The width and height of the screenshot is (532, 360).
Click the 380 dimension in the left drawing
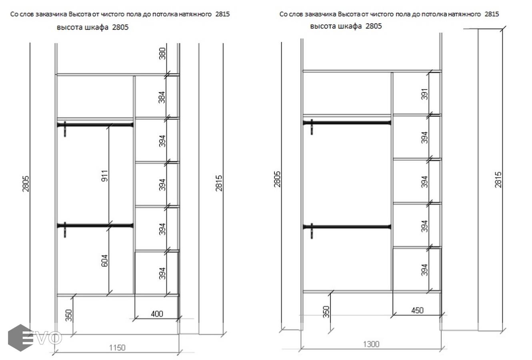click(162, 54)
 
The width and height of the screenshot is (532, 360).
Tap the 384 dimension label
click(162, 97)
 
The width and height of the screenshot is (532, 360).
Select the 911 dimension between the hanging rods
click(105, 176)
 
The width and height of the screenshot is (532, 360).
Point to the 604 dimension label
click(105, 260)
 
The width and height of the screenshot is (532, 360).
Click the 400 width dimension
click(157, 314)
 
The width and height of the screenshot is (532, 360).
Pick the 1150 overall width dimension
click(117, 348)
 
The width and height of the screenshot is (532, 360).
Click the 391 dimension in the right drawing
click(425, 94)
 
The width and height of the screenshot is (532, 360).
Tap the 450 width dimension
click(417, 310)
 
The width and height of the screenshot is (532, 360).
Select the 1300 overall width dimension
click(371, 344)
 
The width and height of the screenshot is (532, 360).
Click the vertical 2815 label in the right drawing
click(498, 180)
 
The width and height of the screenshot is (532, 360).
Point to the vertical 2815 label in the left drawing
click(219, 183)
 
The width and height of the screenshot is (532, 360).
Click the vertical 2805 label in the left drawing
click(26, 184)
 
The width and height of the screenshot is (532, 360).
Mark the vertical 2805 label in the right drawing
click(277, 179)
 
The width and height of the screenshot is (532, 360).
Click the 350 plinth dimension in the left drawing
click(69, 315)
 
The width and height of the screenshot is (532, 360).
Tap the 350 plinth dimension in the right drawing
click(326, 312)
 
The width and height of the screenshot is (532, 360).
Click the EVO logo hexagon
click(20, 338)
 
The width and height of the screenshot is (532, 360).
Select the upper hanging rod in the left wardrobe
click(95, 125)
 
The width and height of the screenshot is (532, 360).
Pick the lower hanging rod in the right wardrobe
click(347, 227)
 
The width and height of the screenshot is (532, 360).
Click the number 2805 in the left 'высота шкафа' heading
click(120, 27)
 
